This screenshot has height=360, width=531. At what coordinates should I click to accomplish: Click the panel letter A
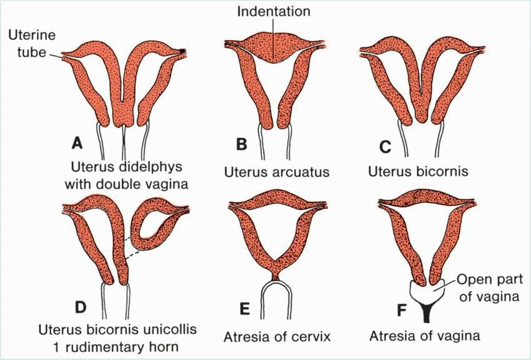pos(77,143)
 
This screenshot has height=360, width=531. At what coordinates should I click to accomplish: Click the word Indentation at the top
pos(274,12)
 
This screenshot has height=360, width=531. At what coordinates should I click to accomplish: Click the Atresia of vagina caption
pos(425,337)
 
